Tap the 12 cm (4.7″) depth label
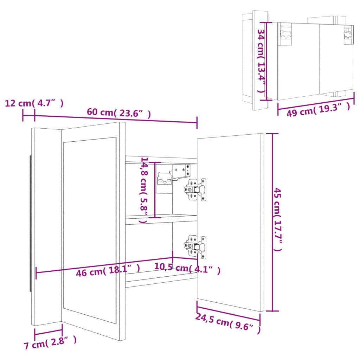coord(34,103)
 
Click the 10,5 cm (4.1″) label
coord(187,269)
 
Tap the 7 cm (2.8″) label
coord(50,343)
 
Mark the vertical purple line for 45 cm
coord(272,222)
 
